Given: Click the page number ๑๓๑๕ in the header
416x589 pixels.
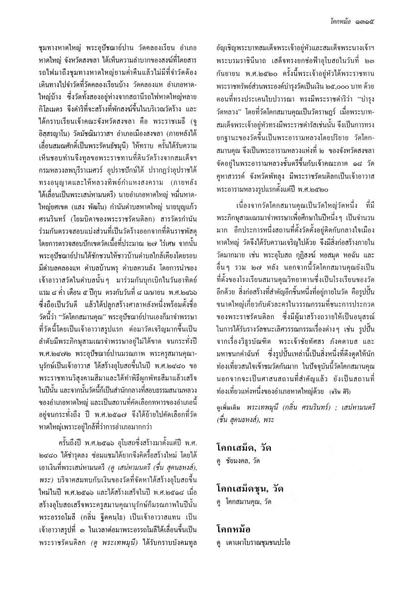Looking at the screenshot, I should (364, 22).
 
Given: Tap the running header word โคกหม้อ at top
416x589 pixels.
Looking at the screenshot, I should (339, 22).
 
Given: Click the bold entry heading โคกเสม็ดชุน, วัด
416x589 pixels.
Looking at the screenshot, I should (250, 489).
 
